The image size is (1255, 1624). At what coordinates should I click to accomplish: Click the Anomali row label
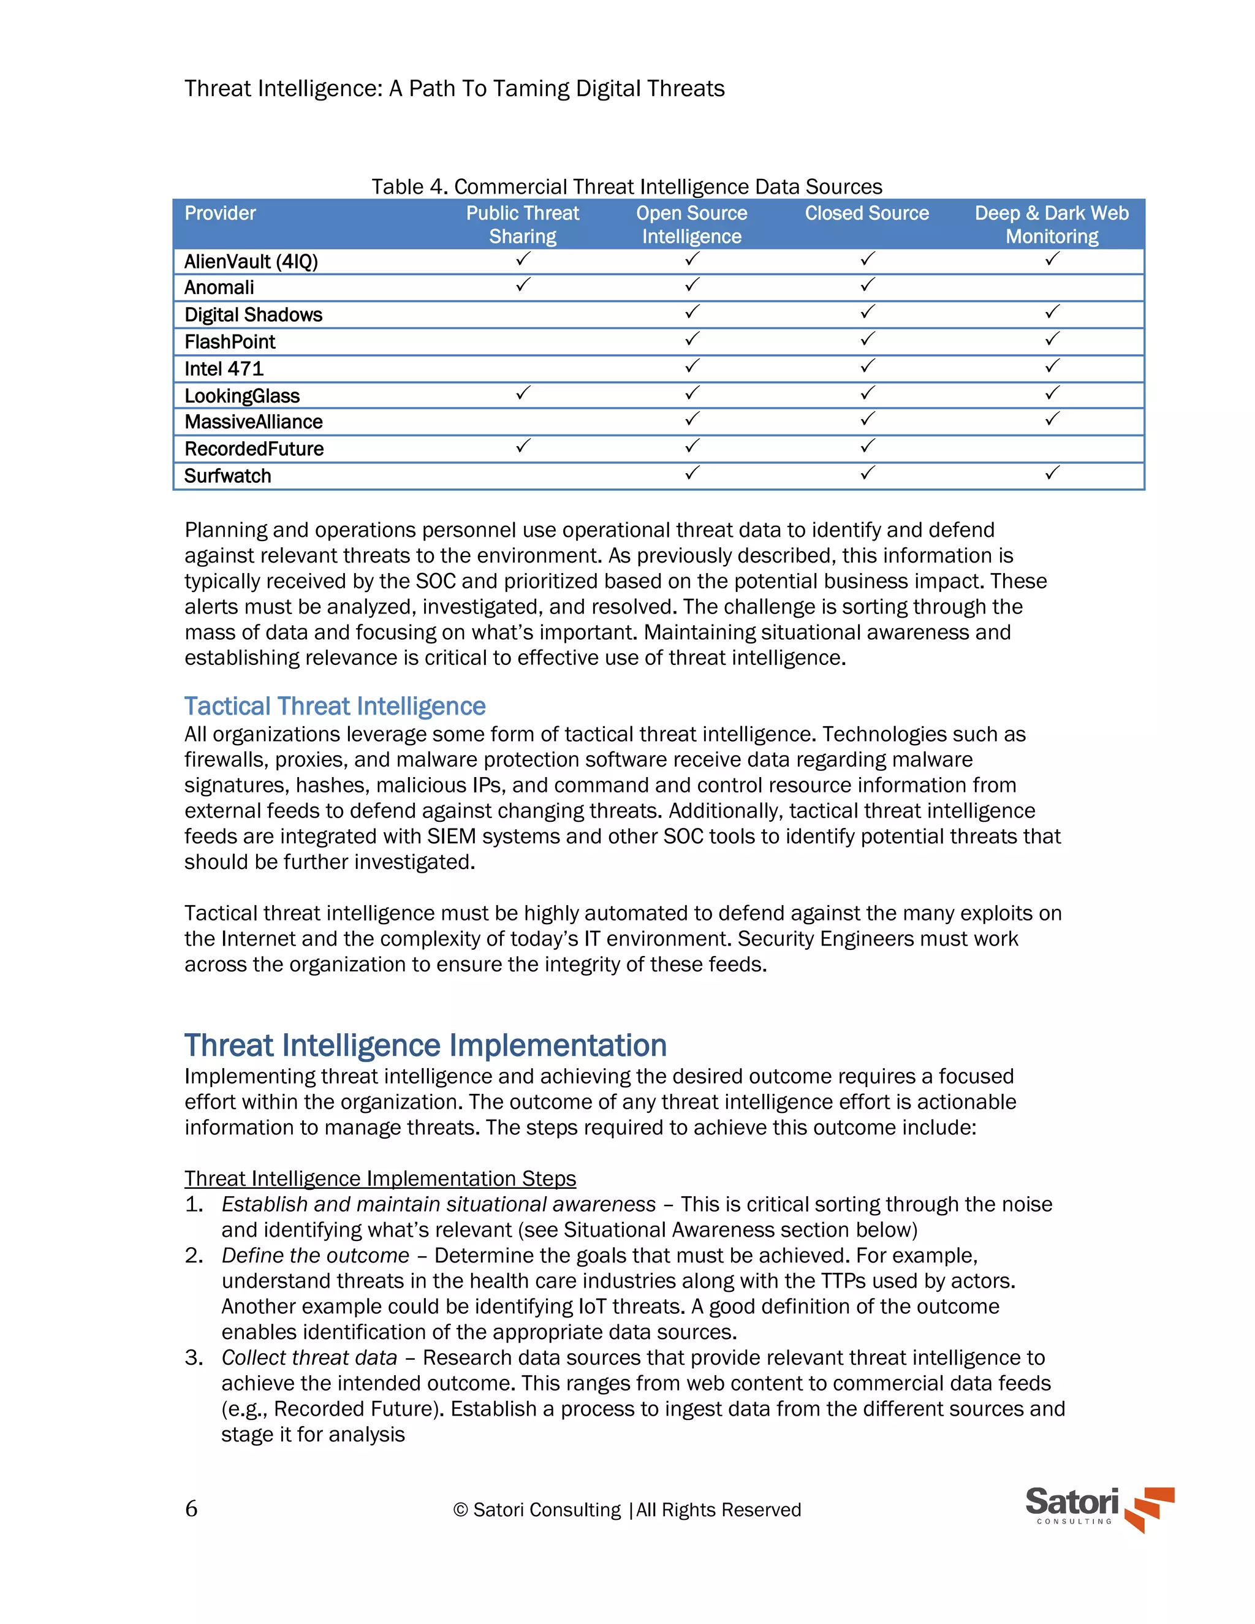219,288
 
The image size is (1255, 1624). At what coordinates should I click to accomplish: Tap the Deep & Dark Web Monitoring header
1052,224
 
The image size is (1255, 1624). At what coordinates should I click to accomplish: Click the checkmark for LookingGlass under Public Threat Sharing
523,393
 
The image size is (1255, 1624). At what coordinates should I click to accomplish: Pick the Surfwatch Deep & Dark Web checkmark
1052,473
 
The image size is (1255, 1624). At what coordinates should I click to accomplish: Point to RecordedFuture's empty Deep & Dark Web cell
1052,449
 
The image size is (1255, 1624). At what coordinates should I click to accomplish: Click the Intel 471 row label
224,369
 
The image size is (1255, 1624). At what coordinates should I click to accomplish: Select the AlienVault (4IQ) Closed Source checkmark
868,259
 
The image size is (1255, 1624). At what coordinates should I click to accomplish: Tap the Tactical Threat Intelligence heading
335,705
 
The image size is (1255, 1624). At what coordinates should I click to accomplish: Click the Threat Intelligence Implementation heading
425,1045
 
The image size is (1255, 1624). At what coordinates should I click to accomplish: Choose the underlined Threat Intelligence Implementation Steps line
380,1178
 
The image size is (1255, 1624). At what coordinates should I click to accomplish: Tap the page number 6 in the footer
191,1509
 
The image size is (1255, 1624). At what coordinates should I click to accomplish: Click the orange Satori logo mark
1150,1509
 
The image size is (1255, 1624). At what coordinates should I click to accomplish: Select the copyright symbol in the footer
460,1509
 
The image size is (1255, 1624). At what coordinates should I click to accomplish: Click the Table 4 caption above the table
627,187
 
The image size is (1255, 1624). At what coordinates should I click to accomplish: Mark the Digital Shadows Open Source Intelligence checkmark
692,313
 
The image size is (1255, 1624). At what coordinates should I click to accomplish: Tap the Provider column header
220,213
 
